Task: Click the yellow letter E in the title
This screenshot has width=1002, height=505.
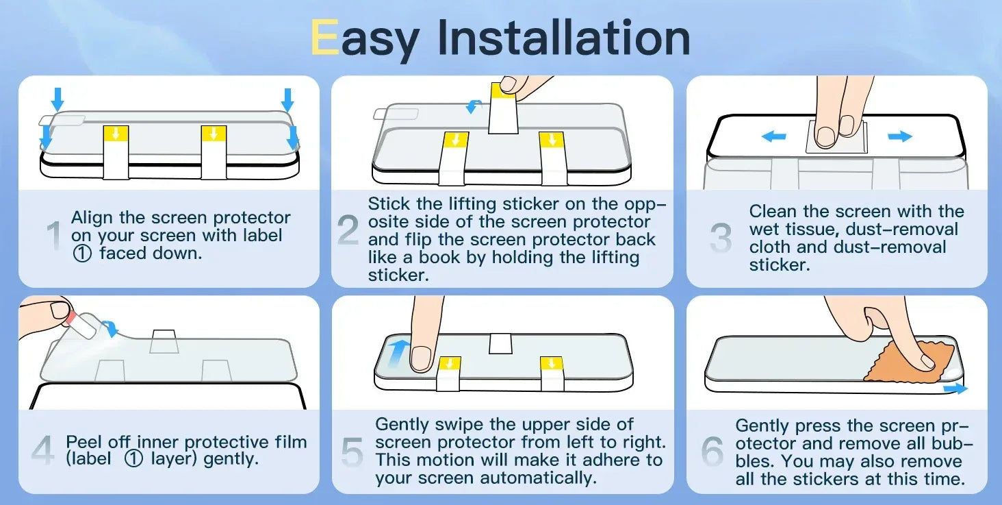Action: (324, 38)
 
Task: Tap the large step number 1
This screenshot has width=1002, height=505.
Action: (54, 235)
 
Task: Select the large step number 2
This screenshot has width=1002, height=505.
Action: (348, 230)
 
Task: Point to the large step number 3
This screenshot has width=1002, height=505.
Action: (721, 237)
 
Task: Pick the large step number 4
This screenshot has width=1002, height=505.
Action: (43, 449)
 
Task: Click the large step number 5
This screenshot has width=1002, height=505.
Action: (352, 452)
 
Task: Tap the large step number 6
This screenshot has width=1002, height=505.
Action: (712, 451)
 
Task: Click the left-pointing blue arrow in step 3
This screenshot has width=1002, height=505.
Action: (773, 136)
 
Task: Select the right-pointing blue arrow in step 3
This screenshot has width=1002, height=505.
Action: (900, 136)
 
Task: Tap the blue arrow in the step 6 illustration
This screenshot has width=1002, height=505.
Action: (955, 388)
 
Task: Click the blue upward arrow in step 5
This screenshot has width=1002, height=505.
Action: (398, 353)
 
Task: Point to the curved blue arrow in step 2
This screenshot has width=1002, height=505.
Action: (474, 107)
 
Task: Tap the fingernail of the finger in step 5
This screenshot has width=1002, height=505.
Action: (420, 358)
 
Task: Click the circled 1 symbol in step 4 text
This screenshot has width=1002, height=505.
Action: (133, 459)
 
